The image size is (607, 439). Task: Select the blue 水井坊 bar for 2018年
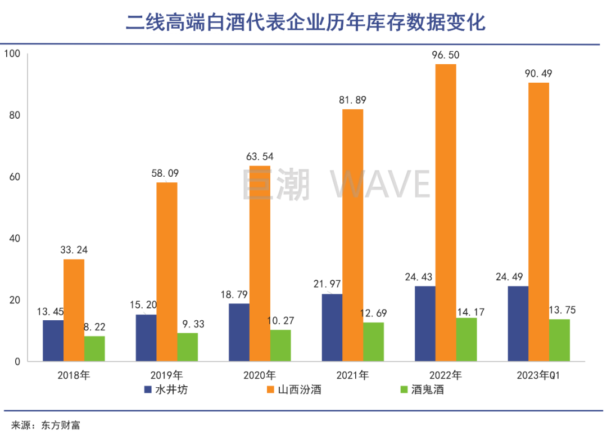click(x=53, y=341)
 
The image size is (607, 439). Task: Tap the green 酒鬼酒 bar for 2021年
click(x=373, y=342)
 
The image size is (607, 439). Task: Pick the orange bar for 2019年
click(x=167, y=271)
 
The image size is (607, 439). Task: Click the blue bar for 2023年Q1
click(x=518, y=324)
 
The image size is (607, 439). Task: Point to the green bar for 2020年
click(x=280, y=345)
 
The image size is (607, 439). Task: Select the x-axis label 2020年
click(x=260, y=375)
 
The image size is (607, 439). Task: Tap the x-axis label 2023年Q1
click(x=538, y=375)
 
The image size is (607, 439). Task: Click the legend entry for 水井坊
click(x=166, y=389)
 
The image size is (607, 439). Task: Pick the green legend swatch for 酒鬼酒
click(x=402, y=389)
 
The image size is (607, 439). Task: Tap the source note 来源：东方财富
click(x=46, y=425)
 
